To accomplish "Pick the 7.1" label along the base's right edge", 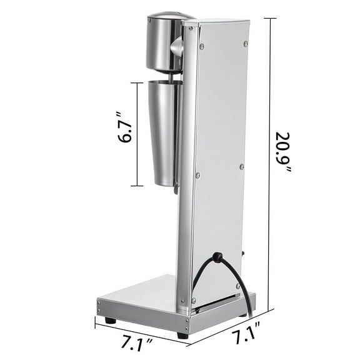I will (243, 340).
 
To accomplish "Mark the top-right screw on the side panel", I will (246, 43).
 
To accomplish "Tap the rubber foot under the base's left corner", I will (110, 320).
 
